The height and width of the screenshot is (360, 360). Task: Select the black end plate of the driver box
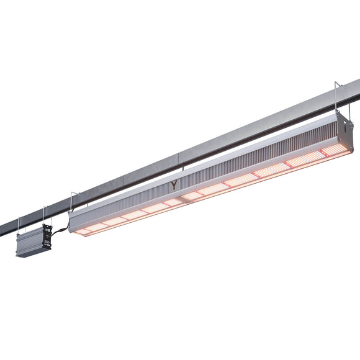pyautogui.click(x=46, y=237)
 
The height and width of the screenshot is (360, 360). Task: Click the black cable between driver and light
pyautogui.click(x=60, y=231)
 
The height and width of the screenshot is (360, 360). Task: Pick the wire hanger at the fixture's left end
pyautogui.click(x=74, y=202)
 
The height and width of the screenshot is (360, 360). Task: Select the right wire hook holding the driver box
pyautogui.click(x=43, y=215)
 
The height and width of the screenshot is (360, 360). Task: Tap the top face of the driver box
pyautogui.click(x=31, y=232)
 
